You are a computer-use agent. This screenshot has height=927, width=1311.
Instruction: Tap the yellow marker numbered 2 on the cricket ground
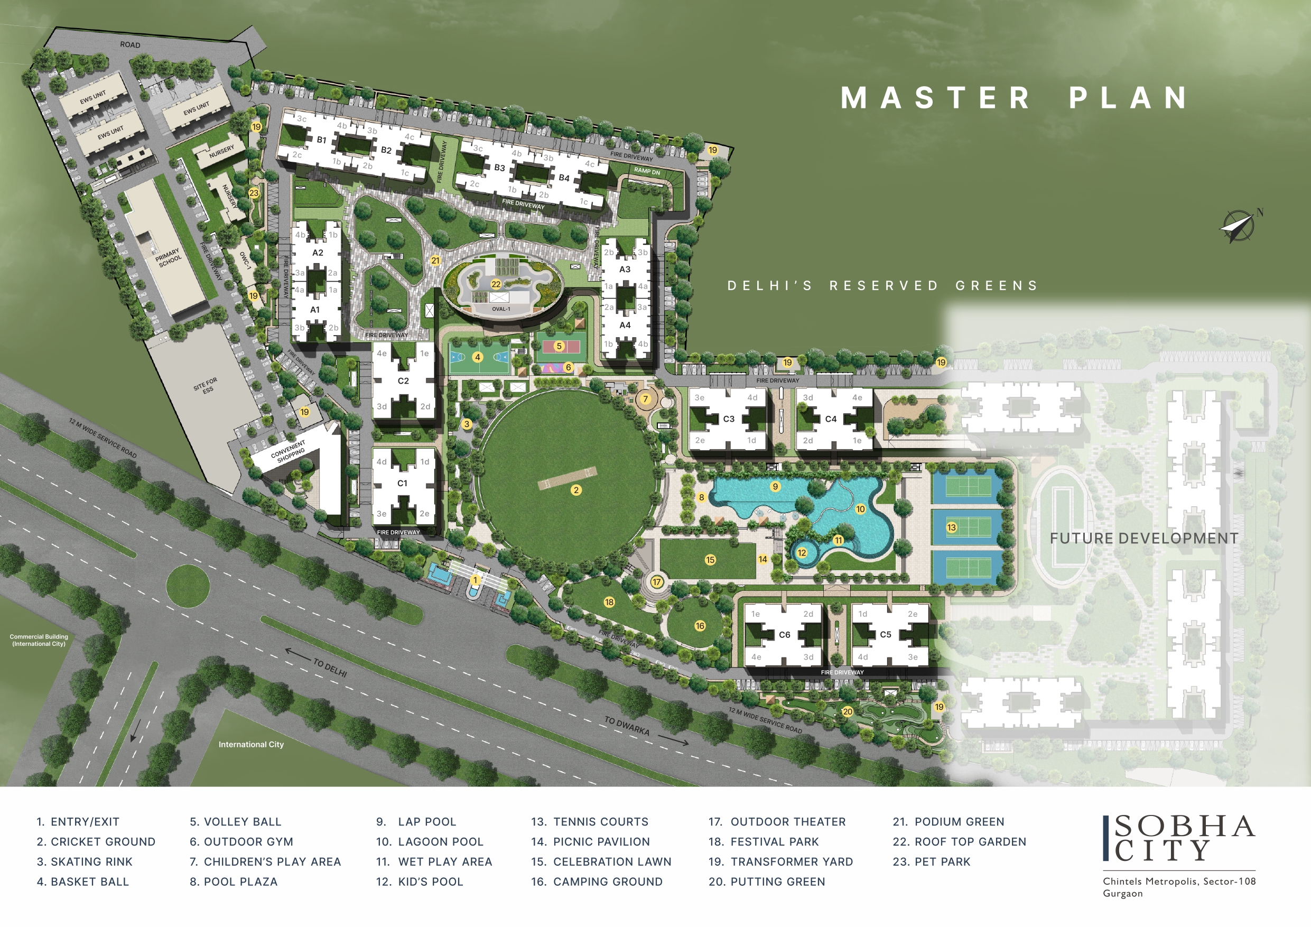(x=576, y=490)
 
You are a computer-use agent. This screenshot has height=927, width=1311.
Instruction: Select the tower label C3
(x=729, y=419)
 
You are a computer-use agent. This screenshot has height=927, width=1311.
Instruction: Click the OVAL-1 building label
(x=501, y=309)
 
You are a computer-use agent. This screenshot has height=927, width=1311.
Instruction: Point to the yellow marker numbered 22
(x=496, y=284)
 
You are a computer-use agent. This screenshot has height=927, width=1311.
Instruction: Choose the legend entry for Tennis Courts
(x=590, y=822)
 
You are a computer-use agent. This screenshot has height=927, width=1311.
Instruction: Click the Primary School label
(x=168, y=257)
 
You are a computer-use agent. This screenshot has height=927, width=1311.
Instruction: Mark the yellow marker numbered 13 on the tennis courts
(x=951, y=527)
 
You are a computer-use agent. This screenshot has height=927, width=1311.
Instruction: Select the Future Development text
(x=1143, y=539)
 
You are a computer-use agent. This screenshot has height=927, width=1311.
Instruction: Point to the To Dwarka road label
(x=627, y=726)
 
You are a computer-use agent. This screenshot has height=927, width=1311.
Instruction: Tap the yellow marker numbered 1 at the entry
(x=475, y=580)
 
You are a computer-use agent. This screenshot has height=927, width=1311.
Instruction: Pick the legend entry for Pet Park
(x=931, y=862)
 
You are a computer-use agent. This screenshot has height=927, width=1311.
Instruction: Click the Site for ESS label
(x=206, y=385)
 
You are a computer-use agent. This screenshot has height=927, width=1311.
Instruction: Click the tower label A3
(x=625, y=269)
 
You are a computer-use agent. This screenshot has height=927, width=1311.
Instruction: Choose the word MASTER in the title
(x=935, y=98)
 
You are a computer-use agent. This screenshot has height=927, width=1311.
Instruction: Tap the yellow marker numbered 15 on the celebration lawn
(x=710, y=560)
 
